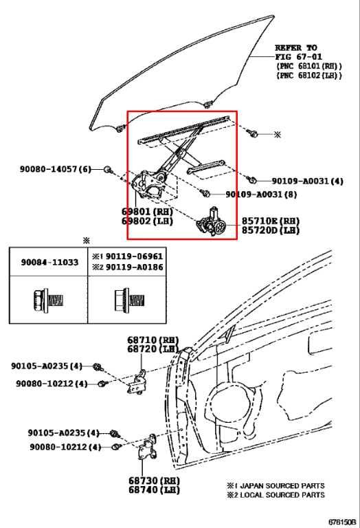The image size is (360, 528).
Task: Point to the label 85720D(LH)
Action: pyautogui.click(x=271, y=231)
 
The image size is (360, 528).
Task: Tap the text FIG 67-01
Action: pyautogui.click(x=297, y=56)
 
